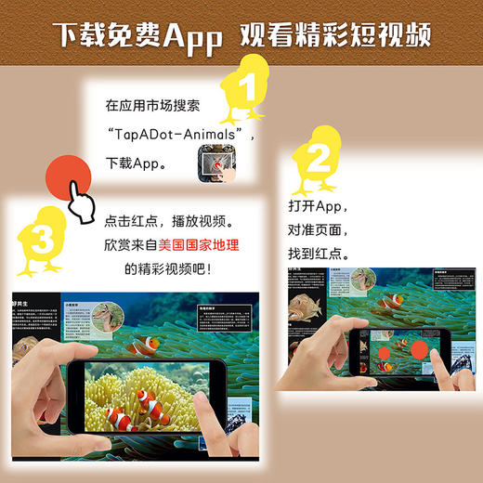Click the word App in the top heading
(x=189, y=35)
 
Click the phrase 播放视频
(x=224, y=223)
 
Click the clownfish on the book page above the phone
(x=146, y=346)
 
